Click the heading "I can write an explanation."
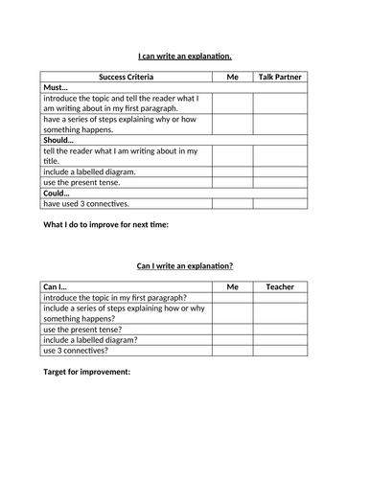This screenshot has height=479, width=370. pyautogui.click(x=185, y=57)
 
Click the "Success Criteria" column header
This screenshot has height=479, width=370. pyautogui.click(x=126, y=76)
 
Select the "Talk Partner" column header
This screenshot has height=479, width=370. pyautogui.click(x=281, y=76)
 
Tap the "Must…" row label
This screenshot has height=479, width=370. pyautogui.click(x=57, y=87)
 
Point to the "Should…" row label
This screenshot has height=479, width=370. pyautogui.click(x=59, y=140)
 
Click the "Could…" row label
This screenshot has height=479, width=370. pyautogui.click(x=58, y=193)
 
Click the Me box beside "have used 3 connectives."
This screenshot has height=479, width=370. pyautogui.click(x=232, y=203)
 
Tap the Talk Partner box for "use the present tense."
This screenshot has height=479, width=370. pyautogui.click(x=281, y=182)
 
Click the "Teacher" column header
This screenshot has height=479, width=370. pyautogui.click(x=281, y=286)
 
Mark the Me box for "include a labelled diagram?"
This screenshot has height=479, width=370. pyautogui.click(x=232, y=339)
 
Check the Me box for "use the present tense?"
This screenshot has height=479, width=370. pyautogui.click(x=232, y=329)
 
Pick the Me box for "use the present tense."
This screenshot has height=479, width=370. pyautogui.click(x=232, y=182)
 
